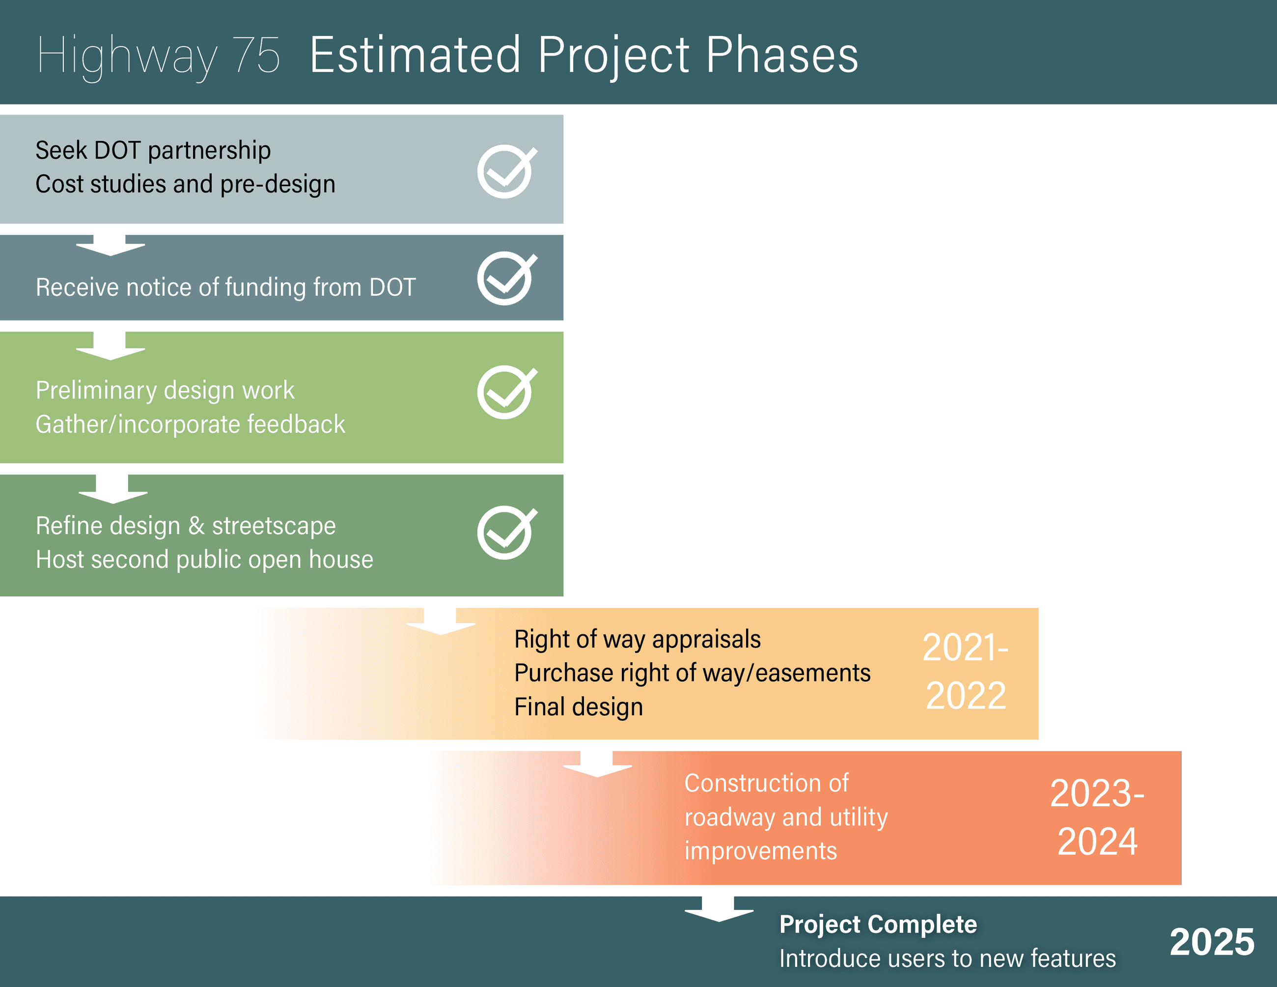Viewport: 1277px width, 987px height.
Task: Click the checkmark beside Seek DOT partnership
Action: [x=506, y=171]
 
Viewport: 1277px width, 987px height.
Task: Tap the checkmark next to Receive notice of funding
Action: [x=506, y=279]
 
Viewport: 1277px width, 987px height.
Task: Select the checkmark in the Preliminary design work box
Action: [x=506, y=393]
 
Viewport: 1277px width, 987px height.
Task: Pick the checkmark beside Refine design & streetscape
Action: [x=506, y=532]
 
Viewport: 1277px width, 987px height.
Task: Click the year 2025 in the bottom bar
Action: [x=1212, y=942]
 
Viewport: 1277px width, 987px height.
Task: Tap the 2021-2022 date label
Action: [x=965, y=671]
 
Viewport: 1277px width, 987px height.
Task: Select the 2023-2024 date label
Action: [x=1097, y=817]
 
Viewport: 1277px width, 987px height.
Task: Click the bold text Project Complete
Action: [x=878, y=925]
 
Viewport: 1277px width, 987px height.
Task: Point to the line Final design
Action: [x=578, y=707]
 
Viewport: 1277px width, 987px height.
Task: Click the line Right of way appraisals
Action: [x=638, y=639]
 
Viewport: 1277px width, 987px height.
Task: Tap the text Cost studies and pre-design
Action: [x=185, y=184]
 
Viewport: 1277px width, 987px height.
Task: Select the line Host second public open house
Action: [x=204, y=560]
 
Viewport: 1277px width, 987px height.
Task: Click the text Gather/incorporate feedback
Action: [x=190, y=424]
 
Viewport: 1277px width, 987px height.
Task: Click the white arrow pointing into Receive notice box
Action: [x=110, y=245]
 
